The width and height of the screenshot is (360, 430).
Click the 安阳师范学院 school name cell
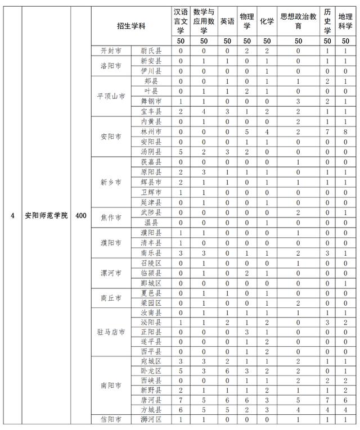(47, 215)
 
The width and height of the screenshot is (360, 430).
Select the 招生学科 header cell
(131, 26)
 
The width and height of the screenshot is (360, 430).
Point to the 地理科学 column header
(345, 21)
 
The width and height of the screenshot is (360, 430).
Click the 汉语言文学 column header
(181, 21)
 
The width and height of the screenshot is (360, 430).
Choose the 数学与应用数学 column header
(204, 21)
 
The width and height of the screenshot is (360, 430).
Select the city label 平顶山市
(111, 96)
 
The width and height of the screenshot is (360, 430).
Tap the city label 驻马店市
(111, 332)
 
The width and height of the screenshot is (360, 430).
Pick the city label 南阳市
(111, 387)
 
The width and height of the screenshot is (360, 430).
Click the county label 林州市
(151, 130)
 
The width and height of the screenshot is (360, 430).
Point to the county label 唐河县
(151, 400)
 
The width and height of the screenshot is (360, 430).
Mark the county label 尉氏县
(151, 51)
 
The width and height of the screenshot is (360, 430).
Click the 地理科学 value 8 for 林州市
(345, 131)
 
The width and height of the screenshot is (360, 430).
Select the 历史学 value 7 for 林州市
(327, 131)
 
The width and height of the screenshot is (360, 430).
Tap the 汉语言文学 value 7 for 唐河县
(181, 400)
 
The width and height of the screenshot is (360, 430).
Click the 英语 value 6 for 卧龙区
(227, 372)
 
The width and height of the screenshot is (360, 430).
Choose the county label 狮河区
(151, 419)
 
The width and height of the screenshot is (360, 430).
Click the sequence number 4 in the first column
(12, 215)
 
